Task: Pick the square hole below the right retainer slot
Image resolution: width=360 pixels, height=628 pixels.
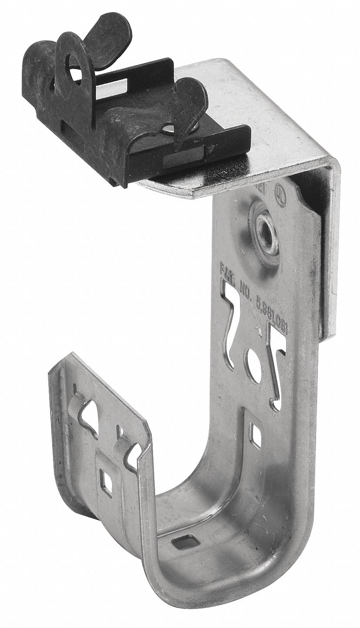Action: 257,433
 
